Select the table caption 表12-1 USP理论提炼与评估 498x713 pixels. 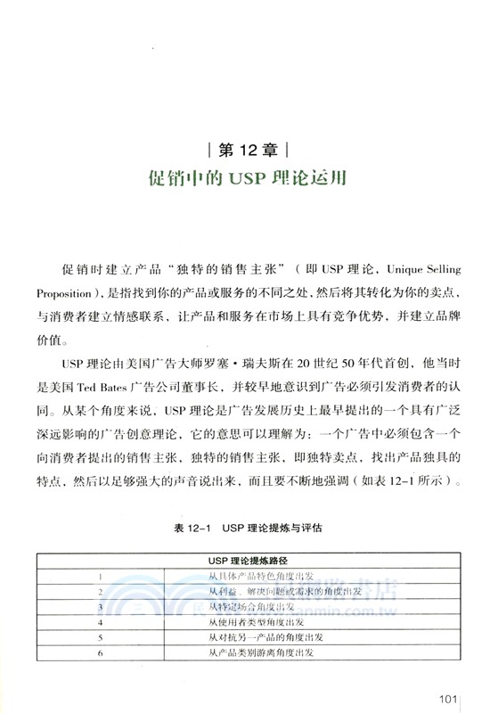point(248,528)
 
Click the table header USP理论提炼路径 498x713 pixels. point(248,561)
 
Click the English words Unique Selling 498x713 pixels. point(422,270)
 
